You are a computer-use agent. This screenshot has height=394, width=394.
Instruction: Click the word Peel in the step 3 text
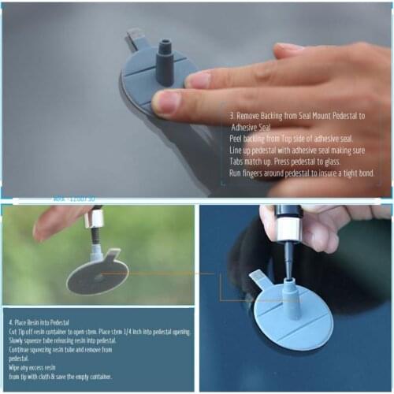237,138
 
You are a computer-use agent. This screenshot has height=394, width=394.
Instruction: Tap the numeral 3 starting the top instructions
232,114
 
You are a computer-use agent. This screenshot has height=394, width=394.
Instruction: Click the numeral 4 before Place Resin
11,322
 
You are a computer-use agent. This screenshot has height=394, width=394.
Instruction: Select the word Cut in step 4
13,332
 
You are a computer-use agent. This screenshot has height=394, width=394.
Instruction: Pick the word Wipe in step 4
16,367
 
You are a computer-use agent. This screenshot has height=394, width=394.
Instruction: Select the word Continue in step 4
22,349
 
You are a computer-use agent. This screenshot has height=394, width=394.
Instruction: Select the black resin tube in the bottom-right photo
288,217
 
